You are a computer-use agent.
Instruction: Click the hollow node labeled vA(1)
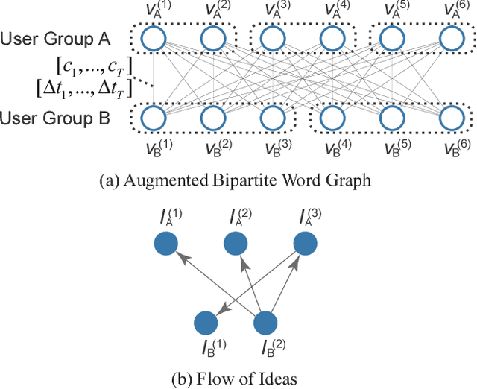tap(154, 39)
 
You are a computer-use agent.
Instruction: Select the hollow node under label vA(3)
tap(274, 39)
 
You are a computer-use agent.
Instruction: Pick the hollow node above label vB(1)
tap(154, 118)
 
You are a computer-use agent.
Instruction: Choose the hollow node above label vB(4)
tap(332, 118)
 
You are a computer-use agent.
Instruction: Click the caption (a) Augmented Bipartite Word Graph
tap(238, 178)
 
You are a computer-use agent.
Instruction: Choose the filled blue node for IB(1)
tap(206, 323)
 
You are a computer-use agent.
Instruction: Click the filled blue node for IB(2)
tap(267, 323)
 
